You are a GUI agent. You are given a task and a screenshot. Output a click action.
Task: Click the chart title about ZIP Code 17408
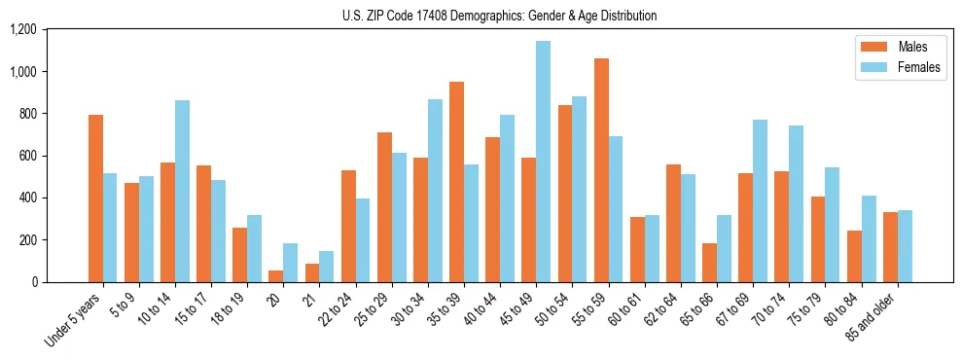coord(500,16)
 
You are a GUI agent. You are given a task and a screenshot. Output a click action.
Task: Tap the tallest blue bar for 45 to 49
coord(543,162)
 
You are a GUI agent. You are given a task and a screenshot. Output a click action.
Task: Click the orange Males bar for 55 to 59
coord(601,170)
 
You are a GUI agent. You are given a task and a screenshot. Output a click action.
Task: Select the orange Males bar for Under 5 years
coord(95,198)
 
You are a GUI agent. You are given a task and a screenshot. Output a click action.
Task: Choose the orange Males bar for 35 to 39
coord(456,182)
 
